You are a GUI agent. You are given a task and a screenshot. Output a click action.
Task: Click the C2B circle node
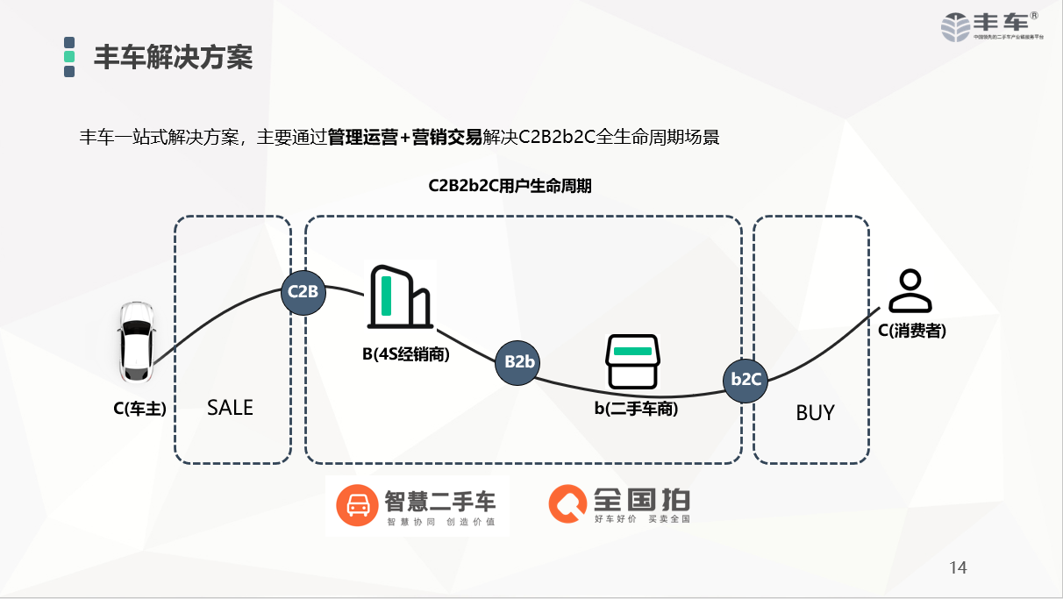[x=303, y=292]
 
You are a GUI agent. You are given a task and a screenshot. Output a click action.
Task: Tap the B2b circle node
[x=518, y=361]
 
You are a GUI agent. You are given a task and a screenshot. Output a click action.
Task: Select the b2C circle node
[x=746, y=380]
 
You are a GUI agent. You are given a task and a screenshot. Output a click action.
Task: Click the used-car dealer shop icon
[x=631, y=361]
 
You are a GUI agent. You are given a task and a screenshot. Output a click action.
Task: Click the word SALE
[x=230, y=408]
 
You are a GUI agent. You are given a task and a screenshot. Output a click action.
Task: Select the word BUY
[x=815, y=413]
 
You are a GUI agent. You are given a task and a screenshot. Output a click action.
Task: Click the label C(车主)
[x=139, y=408]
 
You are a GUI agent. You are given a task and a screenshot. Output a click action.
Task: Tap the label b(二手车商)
[x=636, y=408]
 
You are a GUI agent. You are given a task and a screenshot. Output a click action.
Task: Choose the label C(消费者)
[x=912, y=332]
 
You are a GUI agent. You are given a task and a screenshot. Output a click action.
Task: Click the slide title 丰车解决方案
[x=173, y=57]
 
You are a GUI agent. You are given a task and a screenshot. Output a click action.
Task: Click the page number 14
[x=958, y=568]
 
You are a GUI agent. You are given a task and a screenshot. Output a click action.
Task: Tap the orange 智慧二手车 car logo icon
[x=356, y=505]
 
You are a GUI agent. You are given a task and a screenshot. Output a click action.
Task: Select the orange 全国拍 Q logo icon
[x=567, y=504]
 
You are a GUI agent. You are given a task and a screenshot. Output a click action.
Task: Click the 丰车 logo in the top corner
[x=992, y=25]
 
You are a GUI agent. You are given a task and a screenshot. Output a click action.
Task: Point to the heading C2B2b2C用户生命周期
[x=510, y=186]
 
